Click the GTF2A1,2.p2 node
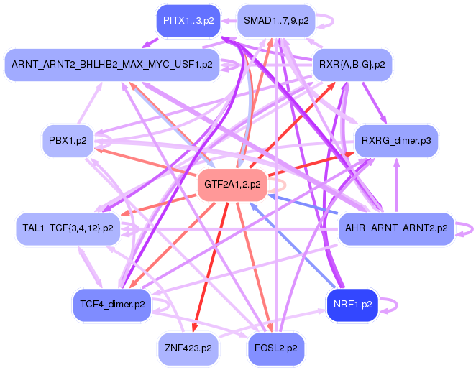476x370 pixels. coord(232,184)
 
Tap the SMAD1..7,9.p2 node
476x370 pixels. coord(276,20)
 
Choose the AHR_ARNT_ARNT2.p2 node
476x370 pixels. coord(396,228)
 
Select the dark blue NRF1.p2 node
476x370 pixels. coord(352,304)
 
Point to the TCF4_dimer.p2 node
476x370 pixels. coord(112,304)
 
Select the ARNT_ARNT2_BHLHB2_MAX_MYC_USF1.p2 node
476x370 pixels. coord(112,64)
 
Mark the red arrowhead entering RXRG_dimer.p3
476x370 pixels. coord(349,153)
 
